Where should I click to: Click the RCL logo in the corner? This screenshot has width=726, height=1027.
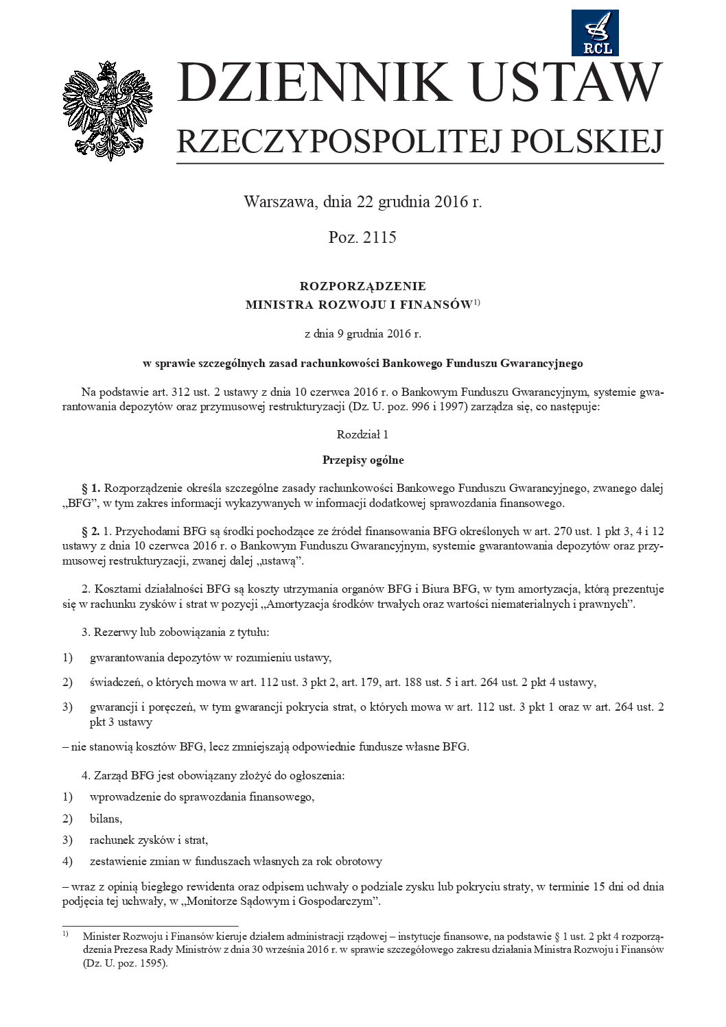pos(595,33)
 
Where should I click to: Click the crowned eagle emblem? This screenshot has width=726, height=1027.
pos(108,110)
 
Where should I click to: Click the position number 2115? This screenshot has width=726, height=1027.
pos(380,237)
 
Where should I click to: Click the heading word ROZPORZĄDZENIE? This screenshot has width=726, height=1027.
pos(362,286)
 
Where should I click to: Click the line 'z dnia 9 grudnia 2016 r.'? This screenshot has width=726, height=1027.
pos(362,334)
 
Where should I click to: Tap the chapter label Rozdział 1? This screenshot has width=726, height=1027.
pos(362,434)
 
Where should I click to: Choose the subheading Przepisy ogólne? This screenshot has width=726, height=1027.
pos(362,460)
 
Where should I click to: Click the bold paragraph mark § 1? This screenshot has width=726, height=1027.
pos(91,488)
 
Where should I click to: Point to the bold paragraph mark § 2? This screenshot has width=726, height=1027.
pos(91,531)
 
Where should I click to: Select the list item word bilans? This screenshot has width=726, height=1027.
pos(106,818)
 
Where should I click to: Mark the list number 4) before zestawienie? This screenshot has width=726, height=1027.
pos(67,861)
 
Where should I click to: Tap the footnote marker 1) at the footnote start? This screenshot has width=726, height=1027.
pos(66,934)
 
